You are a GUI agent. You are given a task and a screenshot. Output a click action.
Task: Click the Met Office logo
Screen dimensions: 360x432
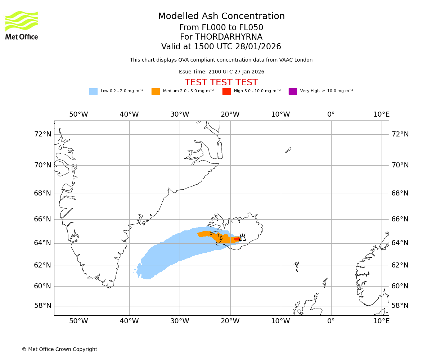coord(22,25)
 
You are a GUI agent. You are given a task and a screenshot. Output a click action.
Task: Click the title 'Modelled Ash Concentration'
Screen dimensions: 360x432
coord(221,17)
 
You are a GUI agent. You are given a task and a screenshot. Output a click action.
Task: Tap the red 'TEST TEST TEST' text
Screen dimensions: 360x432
coord(221,83)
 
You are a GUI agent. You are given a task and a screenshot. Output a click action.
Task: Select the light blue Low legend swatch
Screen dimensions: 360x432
coord(93,91)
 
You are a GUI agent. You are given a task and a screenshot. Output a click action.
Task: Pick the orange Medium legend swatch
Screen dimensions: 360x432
coord(156,91)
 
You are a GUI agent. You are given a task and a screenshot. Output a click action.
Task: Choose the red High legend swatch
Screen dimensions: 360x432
coord(226,91)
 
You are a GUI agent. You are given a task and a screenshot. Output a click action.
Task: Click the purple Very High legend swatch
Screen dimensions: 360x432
coord(293,91)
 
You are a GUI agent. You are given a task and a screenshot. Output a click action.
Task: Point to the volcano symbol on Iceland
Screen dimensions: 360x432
coord(242,237)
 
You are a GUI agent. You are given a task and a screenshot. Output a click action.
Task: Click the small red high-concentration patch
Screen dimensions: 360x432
coord(237,239)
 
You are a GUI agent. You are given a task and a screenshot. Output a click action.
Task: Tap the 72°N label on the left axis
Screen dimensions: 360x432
coord(42,134)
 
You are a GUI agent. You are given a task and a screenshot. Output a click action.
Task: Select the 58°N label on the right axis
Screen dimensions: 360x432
coord(400,306)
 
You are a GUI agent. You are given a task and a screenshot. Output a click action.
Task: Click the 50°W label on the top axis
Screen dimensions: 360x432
coord(78,114)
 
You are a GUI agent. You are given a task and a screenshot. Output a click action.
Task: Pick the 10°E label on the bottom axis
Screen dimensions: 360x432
coord(381,321)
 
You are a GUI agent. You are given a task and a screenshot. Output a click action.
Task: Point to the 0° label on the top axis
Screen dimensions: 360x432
coord(331,114)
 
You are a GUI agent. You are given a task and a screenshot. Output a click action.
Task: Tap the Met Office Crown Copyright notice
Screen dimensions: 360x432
coord(59,350)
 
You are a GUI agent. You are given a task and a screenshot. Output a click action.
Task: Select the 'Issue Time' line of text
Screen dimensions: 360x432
coord(221,72)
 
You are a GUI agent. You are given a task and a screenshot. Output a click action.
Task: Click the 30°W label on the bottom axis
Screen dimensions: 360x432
coord(180,321)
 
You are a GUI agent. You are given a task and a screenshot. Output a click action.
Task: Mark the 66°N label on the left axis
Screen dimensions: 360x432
coord(42,219)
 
